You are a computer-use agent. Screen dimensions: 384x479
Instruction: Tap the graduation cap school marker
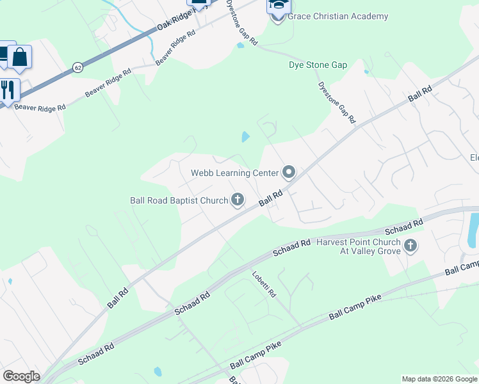tap(277, 8)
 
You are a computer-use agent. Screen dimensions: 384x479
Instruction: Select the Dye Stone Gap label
tap(318, 65)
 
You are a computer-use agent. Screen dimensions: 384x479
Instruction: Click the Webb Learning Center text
tap(234, 173)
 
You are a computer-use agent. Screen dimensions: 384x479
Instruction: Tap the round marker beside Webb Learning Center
tap(288, 172)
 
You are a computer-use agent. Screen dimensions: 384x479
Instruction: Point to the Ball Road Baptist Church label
tap(179, 200)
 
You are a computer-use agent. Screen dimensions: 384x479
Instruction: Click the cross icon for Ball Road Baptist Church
tap(238, 200)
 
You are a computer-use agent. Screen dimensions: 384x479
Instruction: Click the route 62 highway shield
tap(77, 67)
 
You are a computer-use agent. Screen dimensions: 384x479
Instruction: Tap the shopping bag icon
tap(20, 58)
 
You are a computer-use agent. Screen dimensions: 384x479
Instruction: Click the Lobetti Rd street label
tap(263, 285)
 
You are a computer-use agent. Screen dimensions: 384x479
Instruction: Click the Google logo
tap(21, 376)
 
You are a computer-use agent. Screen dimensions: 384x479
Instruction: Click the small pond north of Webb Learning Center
tap(245, 136)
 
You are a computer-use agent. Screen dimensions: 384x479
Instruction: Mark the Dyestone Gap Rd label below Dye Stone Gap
tap(336, 102)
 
